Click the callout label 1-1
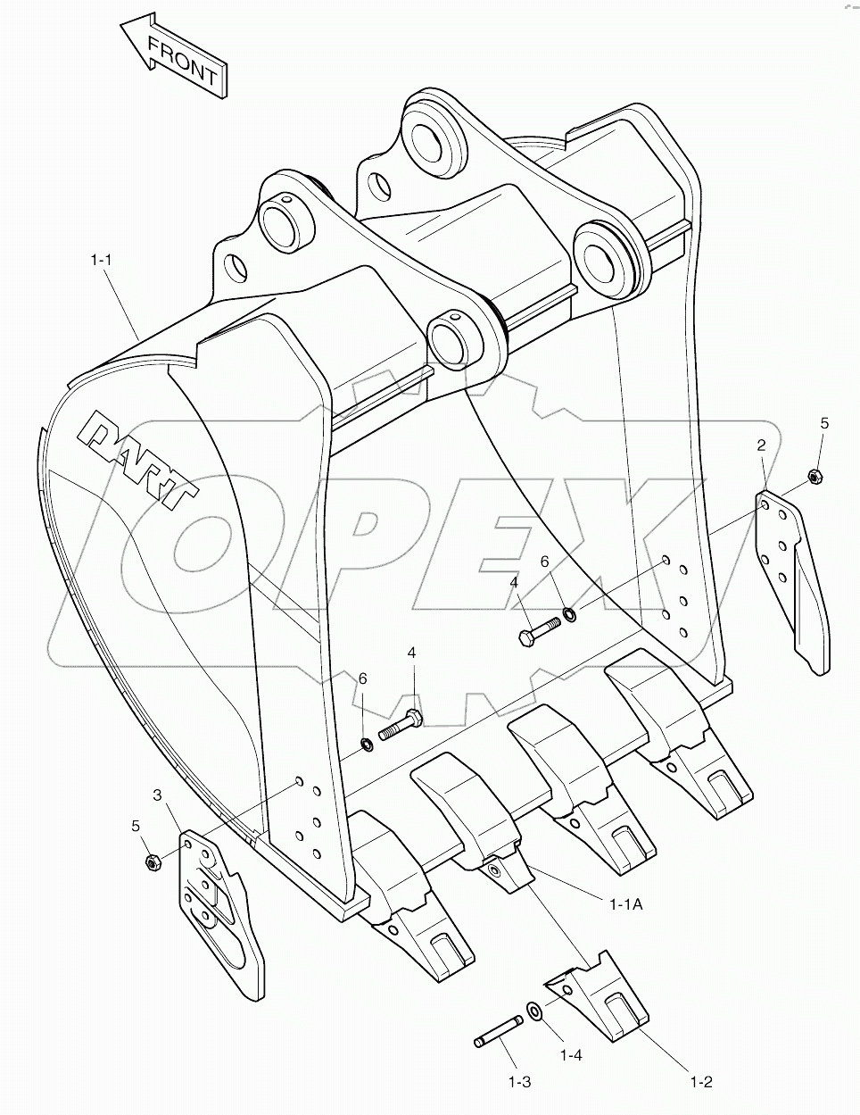click(100, 260)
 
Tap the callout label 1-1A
click(626, 904)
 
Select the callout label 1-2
click(700, 1082)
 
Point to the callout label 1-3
click(519, 1082)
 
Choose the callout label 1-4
click(571, 1055)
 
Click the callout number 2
click(762, 445)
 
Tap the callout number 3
click(157, 795)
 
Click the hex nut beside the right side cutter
click(814, 477)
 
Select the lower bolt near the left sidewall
click(401, 724)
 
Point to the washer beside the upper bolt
click(568, 613)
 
